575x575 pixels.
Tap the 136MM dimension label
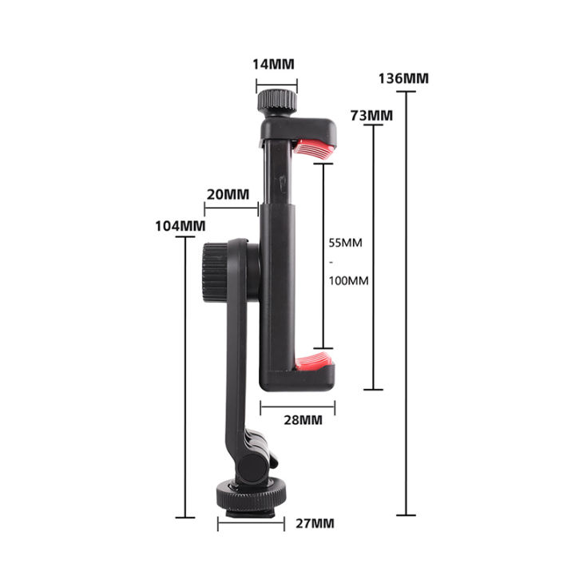point(405,78)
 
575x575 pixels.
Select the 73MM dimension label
point(371,115)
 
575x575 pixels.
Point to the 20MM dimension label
point(228,194)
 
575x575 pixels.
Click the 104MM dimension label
point(180,225)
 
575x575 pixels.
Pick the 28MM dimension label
point(301,419)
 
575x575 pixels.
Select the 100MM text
point(348,280)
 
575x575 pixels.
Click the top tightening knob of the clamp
point(276,101)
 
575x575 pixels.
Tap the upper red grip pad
point(313,147)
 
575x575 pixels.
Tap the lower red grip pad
point(315,361)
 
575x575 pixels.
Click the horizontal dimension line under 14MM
point(276,81)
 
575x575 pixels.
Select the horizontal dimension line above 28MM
point(297,406)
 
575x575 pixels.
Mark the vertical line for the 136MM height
point(406,303)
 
